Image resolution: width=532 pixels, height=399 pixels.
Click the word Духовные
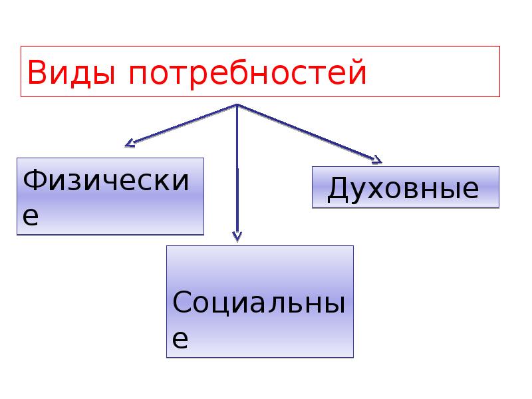pyautogui.click(x=403, y=189)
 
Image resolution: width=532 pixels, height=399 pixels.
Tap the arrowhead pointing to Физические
pyautogui.click(x=130, y=142)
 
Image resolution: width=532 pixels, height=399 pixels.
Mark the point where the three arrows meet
pyautogui.click(x=237, y=104)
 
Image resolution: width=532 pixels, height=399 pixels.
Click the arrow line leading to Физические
pyautogui.click(x=183, y=124)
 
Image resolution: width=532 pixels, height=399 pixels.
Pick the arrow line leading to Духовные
pyautogui.click(x=306, y=132)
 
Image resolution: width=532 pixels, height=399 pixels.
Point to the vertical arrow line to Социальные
pyautogui.click(x=237, y=173)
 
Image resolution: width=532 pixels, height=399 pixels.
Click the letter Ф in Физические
pyautogui.click(x=35, y=180)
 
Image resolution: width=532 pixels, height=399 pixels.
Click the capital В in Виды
pyautogui.click(x=38, y=73)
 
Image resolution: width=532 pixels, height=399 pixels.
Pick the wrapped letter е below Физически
pyautogui.click(x=31, y=217)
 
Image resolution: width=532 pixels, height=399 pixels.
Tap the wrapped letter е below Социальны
pyautogui.click(x=180, y=339)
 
